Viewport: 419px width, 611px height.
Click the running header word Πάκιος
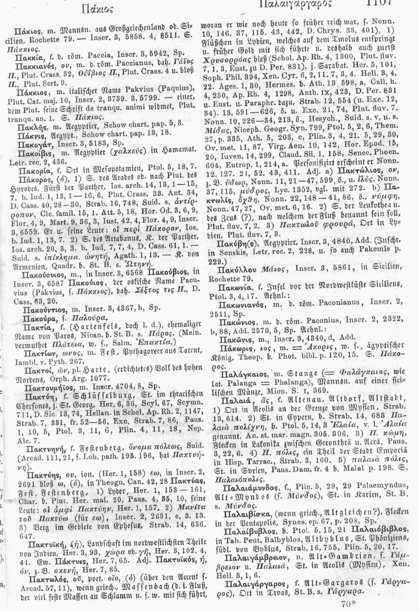(98, 6)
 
